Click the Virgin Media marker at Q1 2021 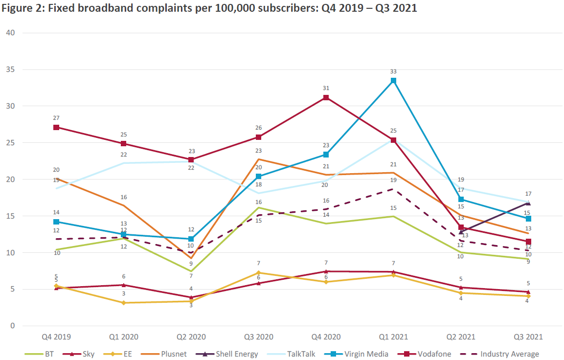[393, 81]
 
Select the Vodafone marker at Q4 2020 [326, 97]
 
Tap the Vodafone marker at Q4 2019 [57, 127]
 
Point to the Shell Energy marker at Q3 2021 [528, 203]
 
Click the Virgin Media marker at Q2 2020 [192, 239]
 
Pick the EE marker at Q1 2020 [124, 303]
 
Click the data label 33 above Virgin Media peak [393, 71]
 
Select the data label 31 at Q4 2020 [326, 88]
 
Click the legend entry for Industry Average [509, 354]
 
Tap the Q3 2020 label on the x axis [259, 337]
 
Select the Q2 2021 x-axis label [460, 337]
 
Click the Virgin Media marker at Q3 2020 [259, 177]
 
